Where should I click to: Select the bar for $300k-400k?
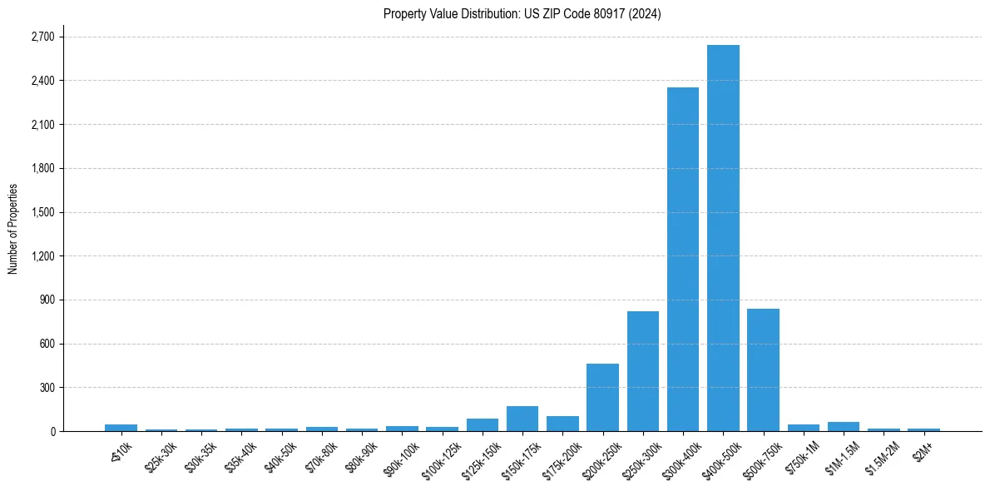pos(683,259)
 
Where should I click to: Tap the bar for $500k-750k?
pos(763,369)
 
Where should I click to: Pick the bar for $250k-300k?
pos(643,371)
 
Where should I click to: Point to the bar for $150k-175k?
pos(522,419)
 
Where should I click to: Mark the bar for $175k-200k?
pos(562,424)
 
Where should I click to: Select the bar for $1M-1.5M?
pos(844,426)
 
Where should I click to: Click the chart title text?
pos(522,14)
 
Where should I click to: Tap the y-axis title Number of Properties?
pos(12,229)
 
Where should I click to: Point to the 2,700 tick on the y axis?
pos(42,37)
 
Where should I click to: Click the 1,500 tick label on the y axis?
pos(42,212)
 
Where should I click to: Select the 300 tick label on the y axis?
pos(47,388)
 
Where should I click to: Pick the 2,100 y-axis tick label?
pos(42,125)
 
